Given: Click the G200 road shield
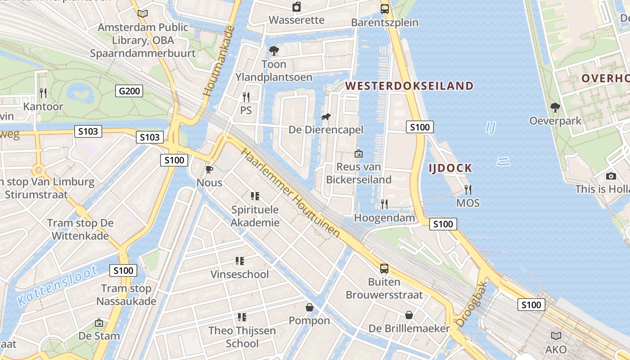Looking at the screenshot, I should (130, 91).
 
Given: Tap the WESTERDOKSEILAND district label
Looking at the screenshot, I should (409, 85).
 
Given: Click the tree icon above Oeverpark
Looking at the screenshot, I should (555, 108).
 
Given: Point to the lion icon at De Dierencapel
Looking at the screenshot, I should (325, 117).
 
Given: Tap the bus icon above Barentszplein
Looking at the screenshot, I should (385, 9).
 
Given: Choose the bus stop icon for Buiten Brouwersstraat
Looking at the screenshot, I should (384, 269).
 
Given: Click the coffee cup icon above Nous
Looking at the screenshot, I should (209, 169).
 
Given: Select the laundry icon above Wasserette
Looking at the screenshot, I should (297, 7).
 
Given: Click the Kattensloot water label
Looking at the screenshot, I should (58, 286).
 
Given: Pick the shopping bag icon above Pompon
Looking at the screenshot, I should (310, 307).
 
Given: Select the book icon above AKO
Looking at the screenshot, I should (556, 336).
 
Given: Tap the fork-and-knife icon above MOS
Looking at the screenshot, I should (468, 189).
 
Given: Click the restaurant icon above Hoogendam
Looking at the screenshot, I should (384, 204).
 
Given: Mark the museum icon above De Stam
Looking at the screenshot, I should (99, 323).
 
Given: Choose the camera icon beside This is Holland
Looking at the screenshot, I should (611, 176).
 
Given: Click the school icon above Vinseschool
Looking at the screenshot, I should (240, 261).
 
